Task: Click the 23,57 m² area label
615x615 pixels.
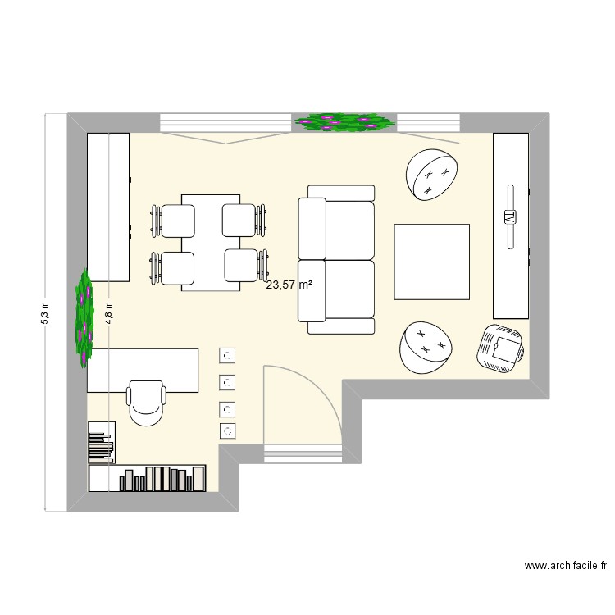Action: point(289,285)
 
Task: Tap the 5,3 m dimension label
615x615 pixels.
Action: point(46,312)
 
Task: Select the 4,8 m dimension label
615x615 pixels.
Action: point(110,312)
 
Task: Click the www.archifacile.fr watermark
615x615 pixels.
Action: point(566,566)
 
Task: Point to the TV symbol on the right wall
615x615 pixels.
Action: point(509,217)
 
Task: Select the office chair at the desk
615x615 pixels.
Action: point(147,402)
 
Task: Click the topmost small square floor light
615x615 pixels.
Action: point(228,355)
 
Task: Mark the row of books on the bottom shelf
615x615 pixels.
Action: point(162,478)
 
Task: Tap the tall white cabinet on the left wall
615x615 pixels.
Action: point(108,207)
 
